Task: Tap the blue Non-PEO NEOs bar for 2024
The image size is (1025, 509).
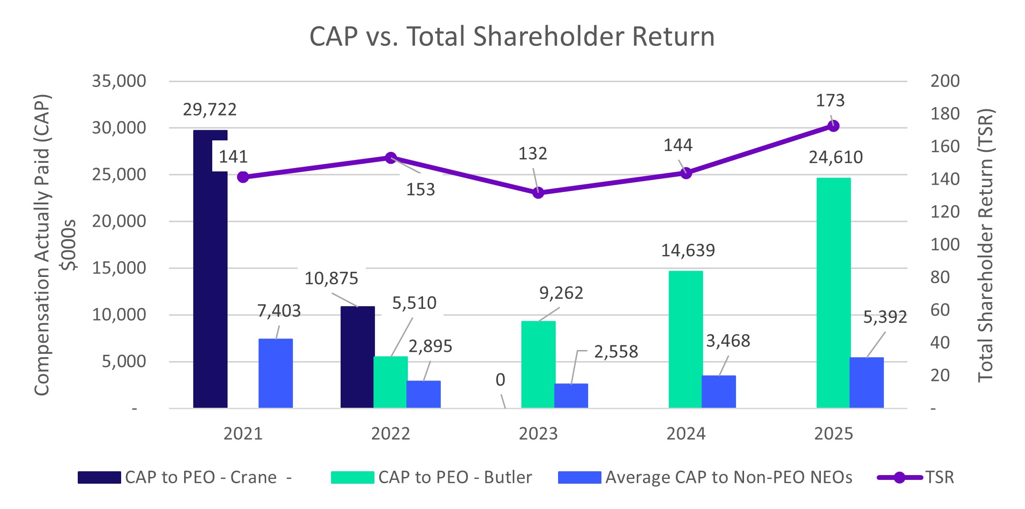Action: pos(718,392)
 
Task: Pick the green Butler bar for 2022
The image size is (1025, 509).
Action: pos(390,382)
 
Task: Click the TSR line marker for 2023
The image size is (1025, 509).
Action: pos(538,193)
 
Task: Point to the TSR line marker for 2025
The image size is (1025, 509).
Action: pos(833,126)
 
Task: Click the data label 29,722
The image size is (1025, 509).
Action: pos(209,110)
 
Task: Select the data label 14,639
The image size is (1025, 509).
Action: pos(688,250)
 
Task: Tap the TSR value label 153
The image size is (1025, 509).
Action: pos(420,190)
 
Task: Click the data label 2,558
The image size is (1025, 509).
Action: pos(616,352)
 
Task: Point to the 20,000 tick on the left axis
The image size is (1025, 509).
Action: pos(119,221)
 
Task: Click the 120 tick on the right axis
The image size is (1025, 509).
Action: pos(945,212)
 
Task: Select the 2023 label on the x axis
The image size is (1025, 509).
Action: pos(538,434)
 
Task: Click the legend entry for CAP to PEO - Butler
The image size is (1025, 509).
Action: pos(455,477)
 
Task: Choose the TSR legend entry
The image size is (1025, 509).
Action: pos(939,477)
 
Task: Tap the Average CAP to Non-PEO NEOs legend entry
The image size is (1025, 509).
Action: pos(728,477)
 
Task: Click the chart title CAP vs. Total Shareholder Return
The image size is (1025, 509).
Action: pos(512,36)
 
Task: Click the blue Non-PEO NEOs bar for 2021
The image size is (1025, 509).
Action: pos(275,373)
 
